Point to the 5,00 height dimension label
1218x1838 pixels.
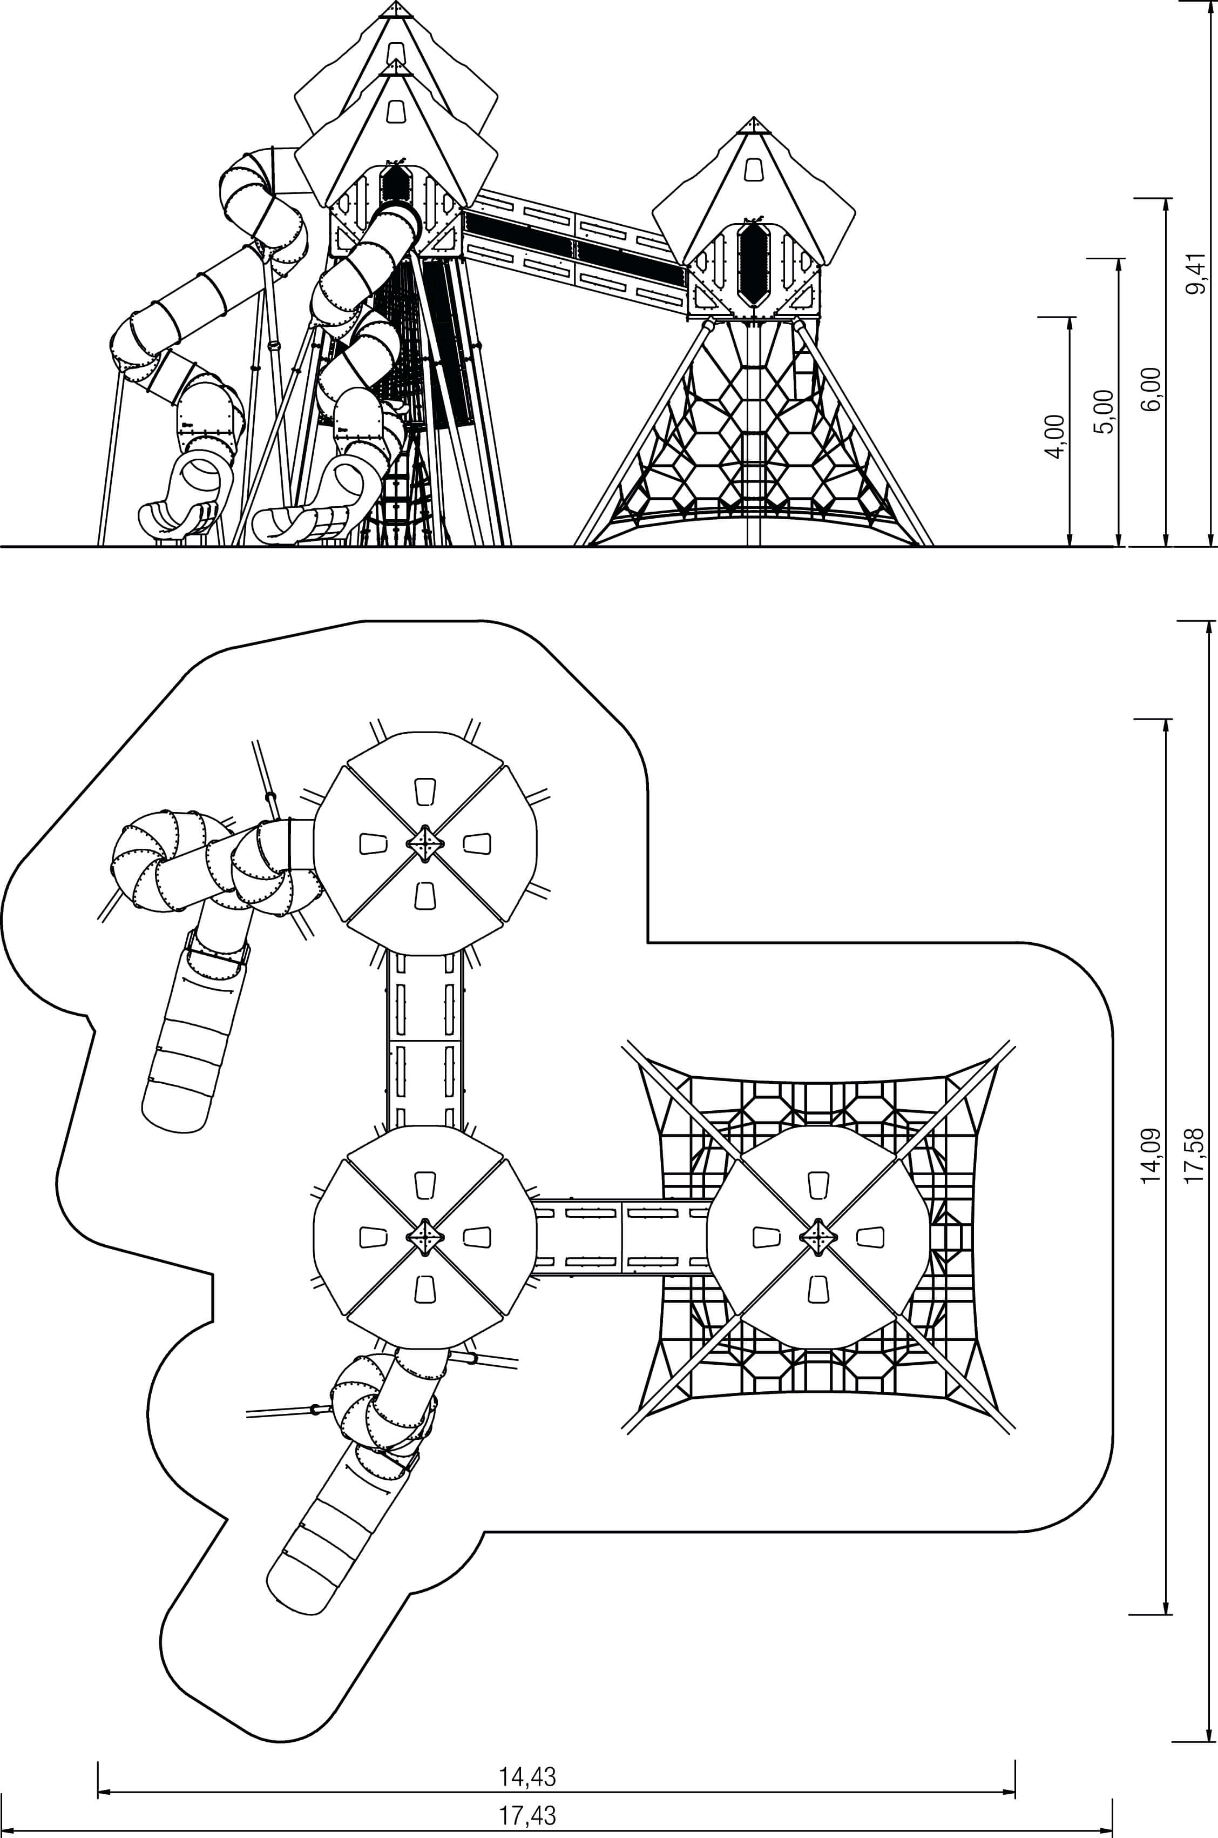[x=1105, y=411]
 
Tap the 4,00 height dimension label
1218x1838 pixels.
[x=1055, y=437]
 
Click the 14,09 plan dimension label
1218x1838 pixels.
[x=1152, y=1156]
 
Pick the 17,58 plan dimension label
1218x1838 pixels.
[x=1197, y=1156]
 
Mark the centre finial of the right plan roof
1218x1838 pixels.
[x=817, y=1237]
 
